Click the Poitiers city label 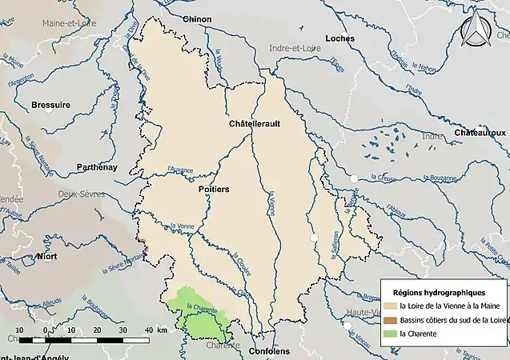[213, 189]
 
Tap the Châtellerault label [254, 125]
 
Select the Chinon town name [197, 19]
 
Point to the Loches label [339, 38]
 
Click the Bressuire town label [50, 105]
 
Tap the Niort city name [46, 256]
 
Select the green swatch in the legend [389, 333]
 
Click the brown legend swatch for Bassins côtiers [389, 319]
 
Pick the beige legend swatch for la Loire [389, 306]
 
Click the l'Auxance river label [180, 170]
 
